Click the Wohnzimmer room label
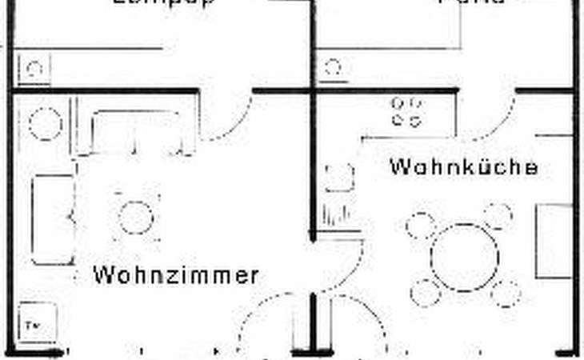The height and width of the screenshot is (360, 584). (176, 275)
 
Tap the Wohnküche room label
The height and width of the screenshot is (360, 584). (463, 168)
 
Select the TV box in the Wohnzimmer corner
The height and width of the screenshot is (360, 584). (35, 322)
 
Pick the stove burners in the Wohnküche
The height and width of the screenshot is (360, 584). (406, 112)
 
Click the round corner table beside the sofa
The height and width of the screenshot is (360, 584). (45, 124)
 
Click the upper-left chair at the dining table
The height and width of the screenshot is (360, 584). (420, 226)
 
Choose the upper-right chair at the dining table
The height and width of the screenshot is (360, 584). (498, 215)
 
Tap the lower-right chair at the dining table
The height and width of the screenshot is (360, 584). (505, 293)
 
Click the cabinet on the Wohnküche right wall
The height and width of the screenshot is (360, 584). (554, 241)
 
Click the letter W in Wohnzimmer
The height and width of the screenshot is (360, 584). (103, 275)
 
